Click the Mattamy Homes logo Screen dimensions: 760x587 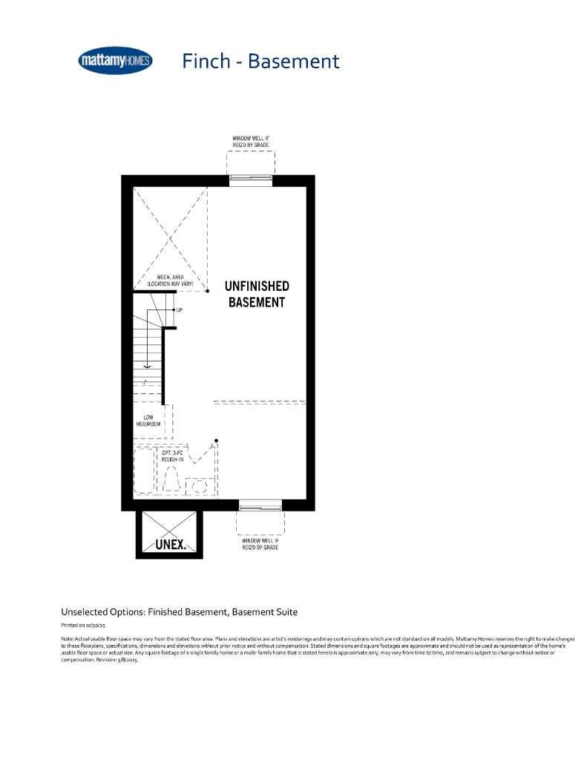[x=115, y=61]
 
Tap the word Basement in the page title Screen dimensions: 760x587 [x=293, y=61]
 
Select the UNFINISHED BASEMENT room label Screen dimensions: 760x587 [x=257, y=294]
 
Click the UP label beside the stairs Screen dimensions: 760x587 [x=180, y=309]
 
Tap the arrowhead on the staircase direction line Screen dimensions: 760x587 [x=148, y=365]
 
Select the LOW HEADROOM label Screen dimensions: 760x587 [x=148, y=420]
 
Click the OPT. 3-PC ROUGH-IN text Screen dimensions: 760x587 [x=173, y=456]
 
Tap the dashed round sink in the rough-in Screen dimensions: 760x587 [x=200, y=485]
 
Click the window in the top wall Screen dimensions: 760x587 [x=250, y=180]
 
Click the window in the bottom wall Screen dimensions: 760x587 [x=260, y=505]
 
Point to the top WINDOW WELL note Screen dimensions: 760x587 [x=251, y=141]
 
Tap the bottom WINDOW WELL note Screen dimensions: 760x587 [x=260, y=545]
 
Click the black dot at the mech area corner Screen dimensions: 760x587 [x=207, y=292]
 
